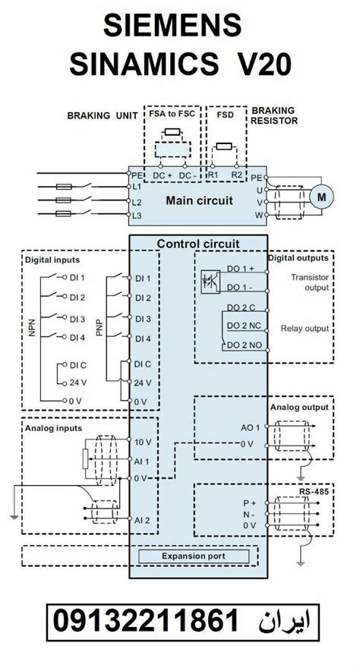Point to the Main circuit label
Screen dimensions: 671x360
coord(199,200)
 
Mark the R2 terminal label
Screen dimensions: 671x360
coord(238,174)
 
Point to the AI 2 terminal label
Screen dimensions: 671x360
coord(143,520)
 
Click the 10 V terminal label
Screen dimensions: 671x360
coord(142,441)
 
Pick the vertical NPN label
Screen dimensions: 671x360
coord(32,327)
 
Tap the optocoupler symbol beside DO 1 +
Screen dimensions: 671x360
coord(210,279)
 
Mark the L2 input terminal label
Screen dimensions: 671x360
coord(137,203)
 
